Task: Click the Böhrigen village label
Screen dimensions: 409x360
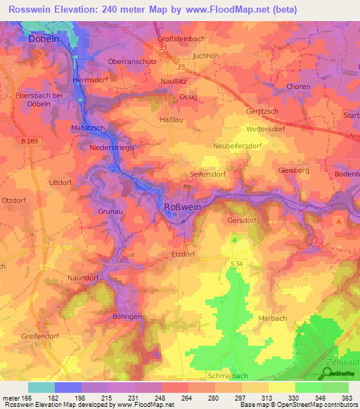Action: (126, 317)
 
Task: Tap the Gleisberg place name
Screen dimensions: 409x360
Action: (294, 171)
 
